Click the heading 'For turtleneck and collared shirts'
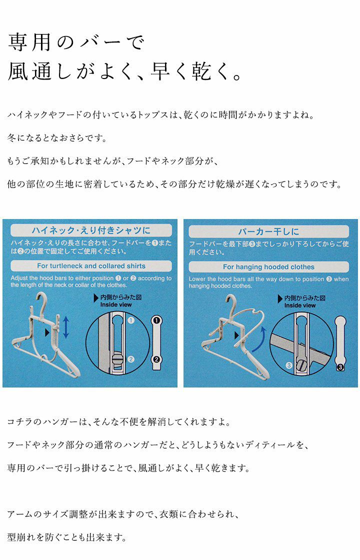point(91,266)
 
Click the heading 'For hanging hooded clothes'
point(268,267)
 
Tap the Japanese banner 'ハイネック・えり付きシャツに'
point(91,230)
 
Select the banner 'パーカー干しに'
point(268,231)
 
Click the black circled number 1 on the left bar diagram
point(156,320)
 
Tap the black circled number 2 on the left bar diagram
point(156,359)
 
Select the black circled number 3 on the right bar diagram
point(340,367)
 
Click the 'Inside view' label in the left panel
point(115,304)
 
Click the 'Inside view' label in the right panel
point(299,305)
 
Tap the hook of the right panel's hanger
point(232,303)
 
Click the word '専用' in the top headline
point(29,42)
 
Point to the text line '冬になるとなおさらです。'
point(57,138)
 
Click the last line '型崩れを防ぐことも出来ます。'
point(67,537)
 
